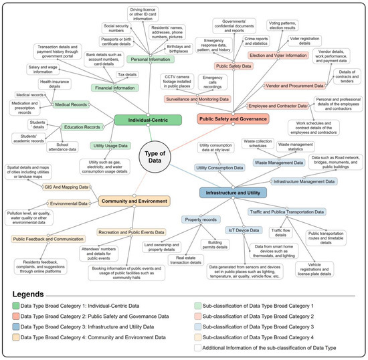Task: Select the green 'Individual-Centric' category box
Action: pos(147,120)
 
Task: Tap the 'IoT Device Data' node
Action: pos(243,230)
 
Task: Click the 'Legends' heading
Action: pos(37,294)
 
